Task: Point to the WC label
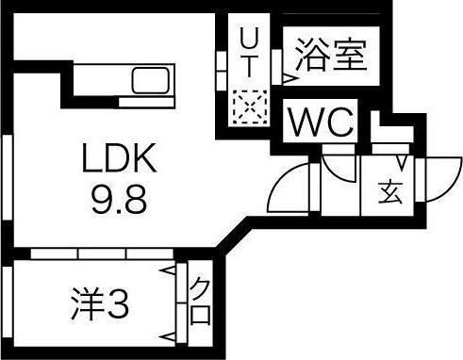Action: click(321, 121)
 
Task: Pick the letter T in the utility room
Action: click(250, 67)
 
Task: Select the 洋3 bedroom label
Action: click(99, 304)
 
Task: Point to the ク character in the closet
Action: click(200, 288)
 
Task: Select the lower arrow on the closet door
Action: click(171, 336)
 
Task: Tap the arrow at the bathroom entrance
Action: click(286, 81)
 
